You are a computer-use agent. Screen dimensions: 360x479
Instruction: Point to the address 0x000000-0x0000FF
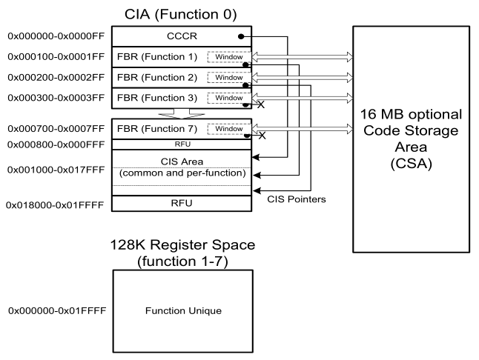pos(53,36)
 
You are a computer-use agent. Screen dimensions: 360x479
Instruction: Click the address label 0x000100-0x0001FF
pos(53,56)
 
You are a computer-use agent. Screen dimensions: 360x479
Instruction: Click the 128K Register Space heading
pos(182,244)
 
